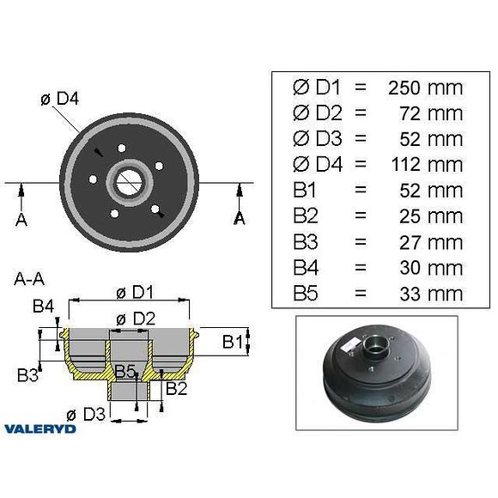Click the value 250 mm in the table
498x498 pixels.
pyautogui.click(x=425, y=88)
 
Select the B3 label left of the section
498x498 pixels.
pyautogui.click(x=28, y=374)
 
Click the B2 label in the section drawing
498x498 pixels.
pyautogui.click(x=177, y=387)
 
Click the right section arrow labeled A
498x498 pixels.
pyautogui.click(x=239, y=207)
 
